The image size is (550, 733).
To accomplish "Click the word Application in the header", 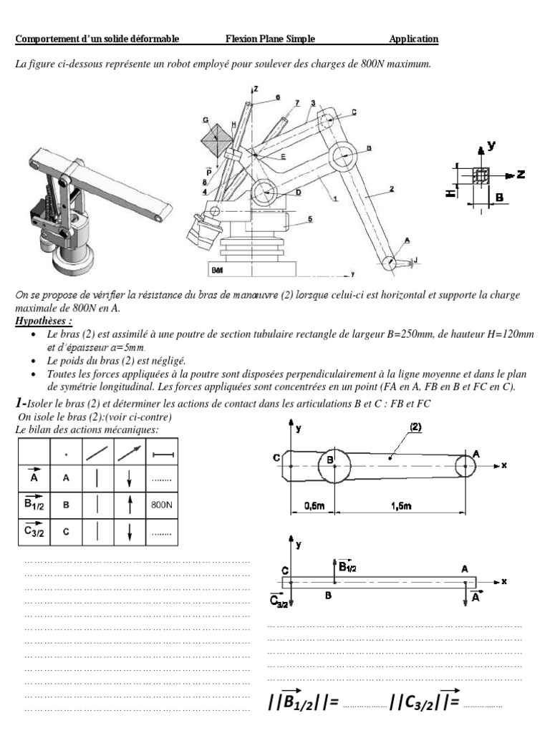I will tap(414, 39).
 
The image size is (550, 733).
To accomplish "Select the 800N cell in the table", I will tap(163, 504).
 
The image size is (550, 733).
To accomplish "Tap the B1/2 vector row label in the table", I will tap(33, 503).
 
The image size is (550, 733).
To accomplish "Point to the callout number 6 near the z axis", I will tap(278, 97).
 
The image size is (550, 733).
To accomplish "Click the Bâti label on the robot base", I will tap(217, 271).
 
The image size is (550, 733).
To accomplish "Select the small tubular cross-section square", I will tap(481, 175).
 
